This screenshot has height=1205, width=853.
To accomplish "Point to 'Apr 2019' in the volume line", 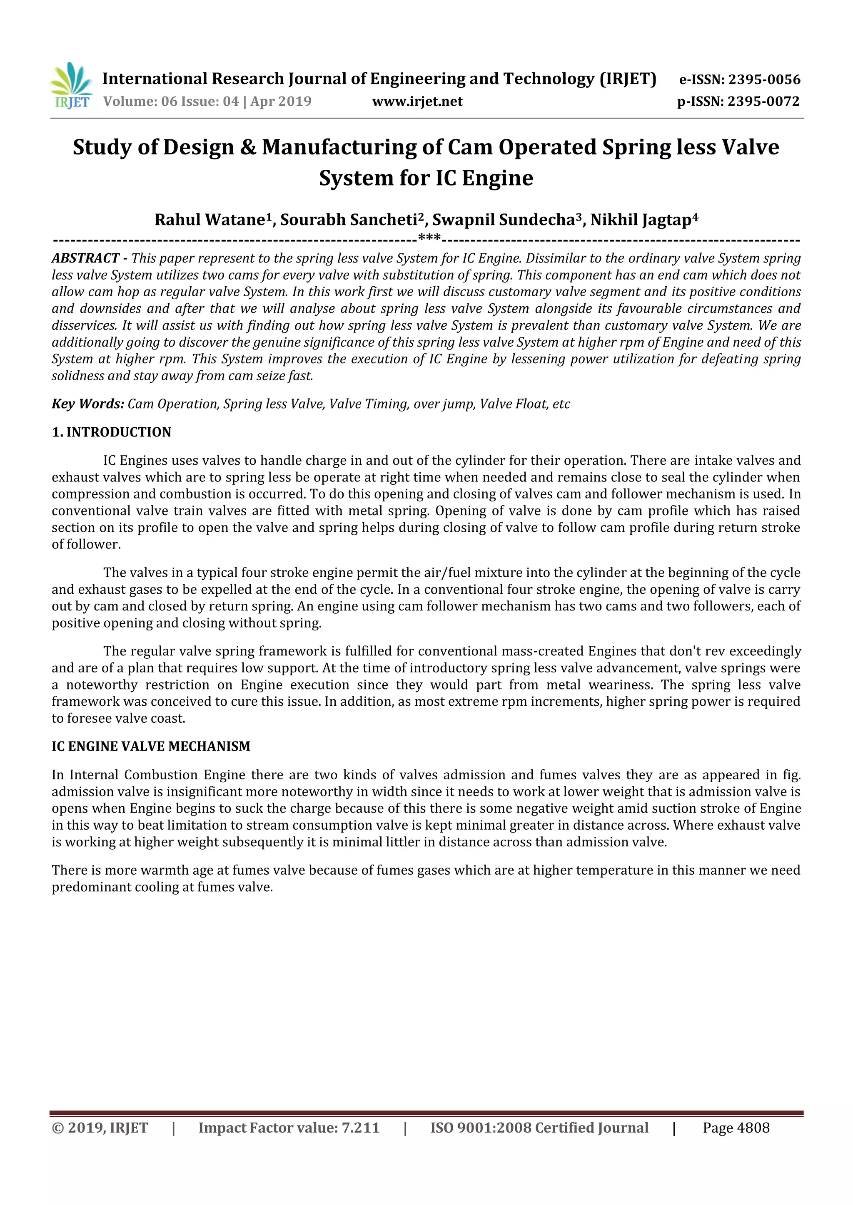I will (281, 102).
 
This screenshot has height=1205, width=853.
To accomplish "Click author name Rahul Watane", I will (209, 220).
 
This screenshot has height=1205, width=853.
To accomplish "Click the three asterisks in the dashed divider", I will (429, 239).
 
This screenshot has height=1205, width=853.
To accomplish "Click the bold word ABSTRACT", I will (85, 258).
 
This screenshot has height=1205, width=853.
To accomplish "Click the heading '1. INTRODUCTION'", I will (111, 432).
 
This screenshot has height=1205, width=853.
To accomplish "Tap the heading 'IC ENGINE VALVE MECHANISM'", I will (151, 746).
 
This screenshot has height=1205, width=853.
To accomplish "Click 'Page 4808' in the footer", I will (736, 1128).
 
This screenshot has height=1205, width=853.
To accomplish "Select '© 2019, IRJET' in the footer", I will (100, 1128).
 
